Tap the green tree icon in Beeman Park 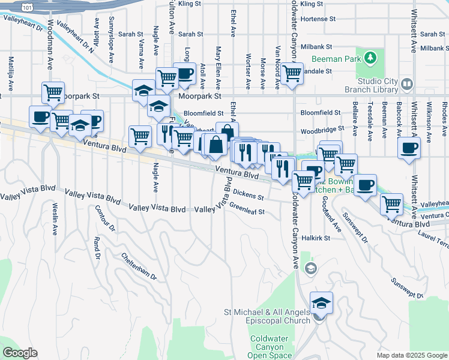[x=372, y=58]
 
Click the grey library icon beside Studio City [x=408, y=83]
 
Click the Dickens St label [x=249, y=195]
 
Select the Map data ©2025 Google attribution [x=411, y=355]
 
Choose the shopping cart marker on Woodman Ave [x=53, y=93]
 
